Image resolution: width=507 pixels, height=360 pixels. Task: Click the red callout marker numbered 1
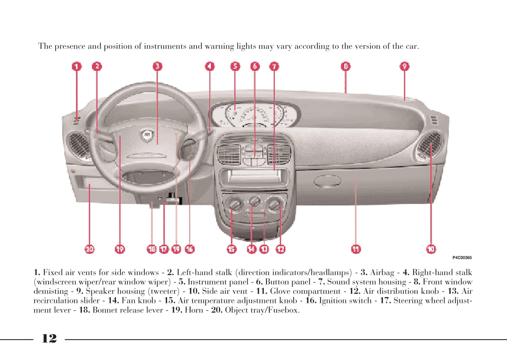click(x=77, y=66)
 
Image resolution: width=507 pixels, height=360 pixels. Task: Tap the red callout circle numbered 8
click(x=346, y=66)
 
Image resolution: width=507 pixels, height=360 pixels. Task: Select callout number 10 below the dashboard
click(x=431, y=249)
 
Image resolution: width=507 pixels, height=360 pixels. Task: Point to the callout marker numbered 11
click(x=356, y=249)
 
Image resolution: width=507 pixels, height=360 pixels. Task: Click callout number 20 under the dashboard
click(x=89, y=249)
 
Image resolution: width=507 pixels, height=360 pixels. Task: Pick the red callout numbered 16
click(x=189, y=249)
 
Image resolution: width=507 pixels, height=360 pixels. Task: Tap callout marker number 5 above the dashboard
click(x=235, y=66)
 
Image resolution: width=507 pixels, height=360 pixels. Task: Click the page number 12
click(x=49, y=339)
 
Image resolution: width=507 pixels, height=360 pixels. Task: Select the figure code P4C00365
click(x=462, y=258)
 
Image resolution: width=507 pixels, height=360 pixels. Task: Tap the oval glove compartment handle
click(x=327, y=181)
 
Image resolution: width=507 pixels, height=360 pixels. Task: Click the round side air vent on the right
click(x=429, y=147)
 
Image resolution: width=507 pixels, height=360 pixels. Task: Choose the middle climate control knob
click(x=254, y=202)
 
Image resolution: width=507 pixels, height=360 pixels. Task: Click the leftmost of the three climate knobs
click(x=234, y=204)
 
